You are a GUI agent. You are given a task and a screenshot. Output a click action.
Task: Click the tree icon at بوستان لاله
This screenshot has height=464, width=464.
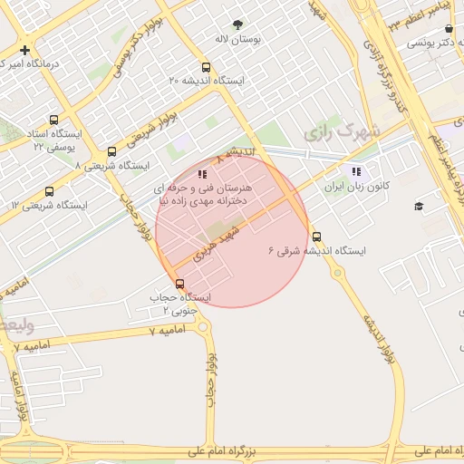click(238, 25)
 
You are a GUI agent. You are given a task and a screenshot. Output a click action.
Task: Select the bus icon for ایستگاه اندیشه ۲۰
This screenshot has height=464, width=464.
click(207, 67)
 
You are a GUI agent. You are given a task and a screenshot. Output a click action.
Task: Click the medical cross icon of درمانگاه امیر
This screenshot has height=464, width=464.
click(24, 50)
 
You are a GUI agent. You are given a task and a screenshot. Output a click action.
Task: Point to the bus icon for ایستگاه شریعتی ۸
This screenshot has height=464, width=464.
click(111, 152)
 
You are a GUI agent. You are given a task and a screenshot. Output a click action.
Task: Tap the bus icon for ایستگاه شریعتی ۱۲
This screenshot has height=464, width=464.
click(48, 191)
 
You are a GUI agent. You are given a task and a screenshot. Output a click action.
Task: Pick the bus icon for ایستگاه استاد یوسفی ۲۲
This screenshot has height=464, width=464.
click(54, 120)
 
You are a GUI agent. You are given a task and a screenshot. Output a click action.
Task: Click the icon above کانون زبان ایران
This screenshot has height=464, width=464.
click(356, 171)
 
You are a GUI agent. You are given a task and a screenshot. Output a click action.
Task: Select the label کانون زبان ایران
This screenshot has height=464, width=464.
click(357, 186)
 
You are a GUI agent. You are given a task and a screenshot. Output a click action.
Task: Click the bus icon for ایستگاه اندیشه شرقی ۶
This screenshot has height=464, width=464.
click(315, 237)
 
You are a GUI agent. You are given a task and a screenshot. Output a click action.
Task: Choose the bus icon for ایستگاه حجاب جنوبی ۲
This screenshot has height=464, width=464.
click(179, 284)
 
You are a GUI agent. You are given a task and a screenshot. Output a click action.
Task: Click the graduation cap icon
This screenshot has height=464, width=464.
click(419, 207)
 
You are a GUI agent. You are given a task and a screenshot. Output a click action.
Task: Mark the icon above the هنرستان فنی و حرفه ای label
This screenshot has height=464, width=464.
click(202, 172)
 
